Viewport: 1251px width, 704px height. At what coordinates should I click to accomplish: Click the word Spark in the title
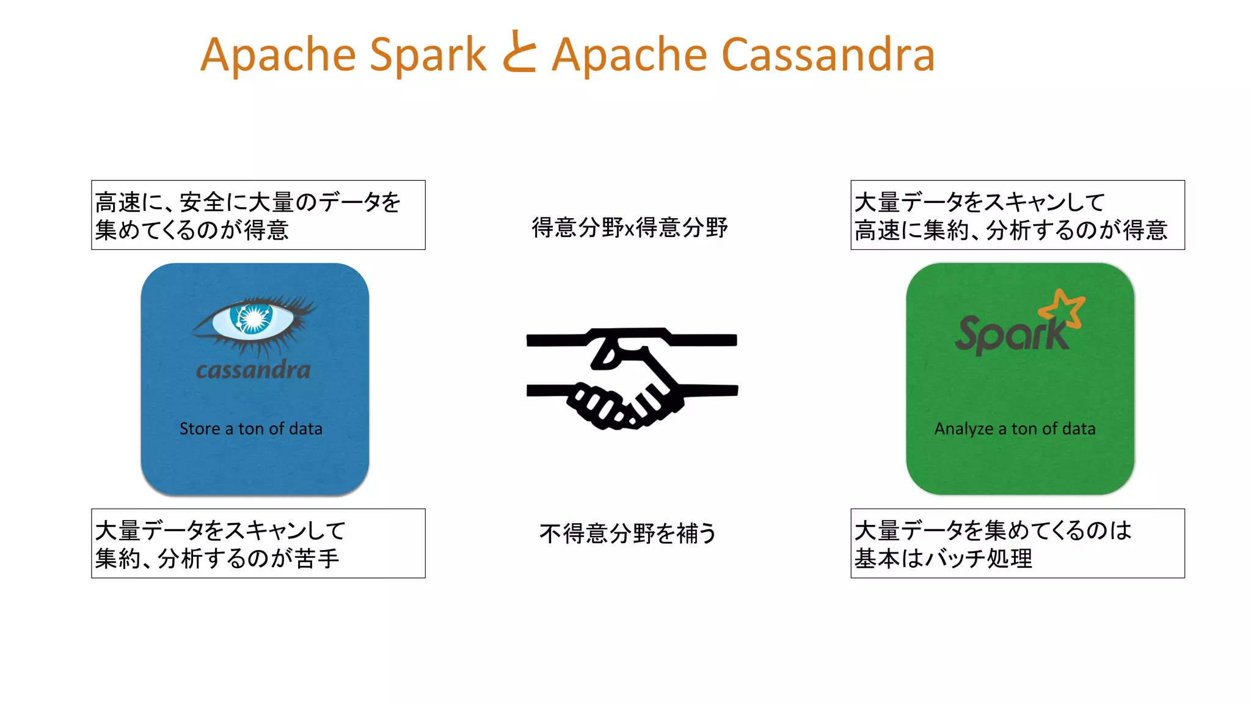428,55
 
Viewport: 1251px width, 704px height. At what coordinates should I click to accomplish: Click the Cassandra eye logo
253,324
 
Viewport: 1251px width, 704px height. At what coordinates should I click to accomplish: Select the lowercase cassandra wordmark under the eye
253,370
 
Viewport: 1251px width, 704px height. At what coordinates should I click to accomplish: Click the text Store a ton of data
251,429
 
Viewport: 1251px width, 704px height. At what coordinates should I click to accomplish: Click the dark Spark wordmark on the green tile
1011,335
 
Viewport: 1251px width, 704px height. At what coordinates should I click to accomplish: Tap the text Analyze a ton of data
1015,429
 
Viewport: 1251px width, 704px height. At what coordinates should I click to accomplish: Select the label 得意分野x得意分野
630,228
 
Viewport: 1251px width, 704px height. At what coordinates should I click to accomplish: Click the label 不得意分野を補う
628,533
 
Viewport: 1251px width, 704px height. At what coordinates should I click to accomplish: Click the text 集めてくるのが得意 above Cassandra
192,230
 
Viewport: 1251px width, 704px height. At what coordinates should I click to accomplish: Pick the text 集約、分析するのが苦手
217,559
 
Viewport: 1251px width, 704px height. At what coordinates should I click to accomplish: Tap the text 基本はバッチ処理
943,559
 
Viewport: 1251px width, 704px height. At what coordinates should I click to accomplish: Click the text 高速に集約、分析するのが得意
1011,230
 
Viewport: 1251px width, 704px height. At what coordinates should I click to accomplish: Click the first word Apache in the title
278,55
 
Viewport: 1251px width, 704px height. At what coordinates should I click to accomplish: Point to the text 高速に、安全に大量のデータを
248,202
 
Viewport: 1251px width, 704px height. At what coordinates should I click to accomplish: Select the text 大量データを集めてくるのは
993,530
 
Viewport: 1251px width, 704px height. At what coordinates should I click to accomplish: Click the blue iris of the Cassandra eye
253,318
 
